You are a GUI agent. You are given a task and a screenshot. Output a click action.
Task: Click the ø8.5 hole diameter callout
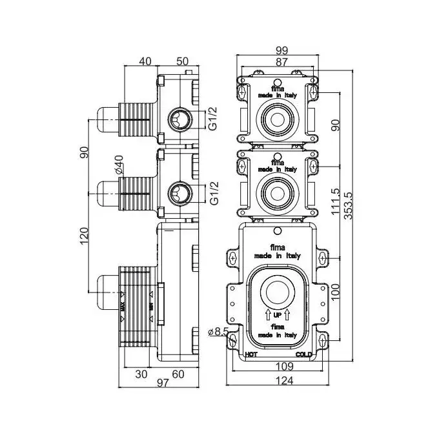218,332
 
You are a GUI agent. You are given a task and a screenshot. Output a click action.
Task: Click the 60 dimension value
179,374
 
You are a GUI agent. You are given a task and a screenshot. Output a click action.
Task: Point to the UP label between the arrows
277,314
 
